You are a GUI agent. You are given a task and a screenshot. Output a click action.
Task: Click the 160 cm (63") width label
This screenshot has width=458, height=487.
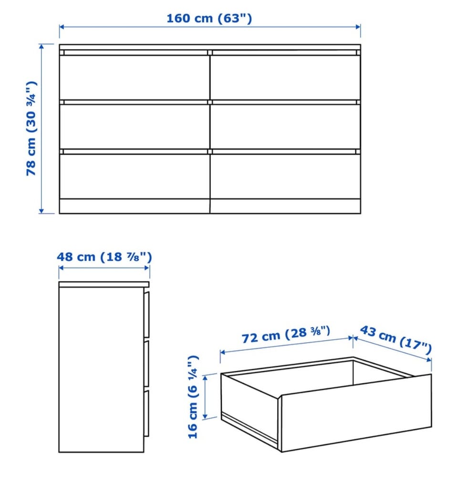[209, 18]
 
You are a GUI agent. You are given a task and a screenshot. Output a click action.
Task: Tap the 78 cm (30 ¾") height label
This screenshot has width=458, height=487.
[31, 129]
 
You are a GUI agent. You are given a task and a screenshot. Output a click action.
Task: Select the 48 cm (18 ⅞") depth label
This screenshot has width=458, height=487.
[104, 257]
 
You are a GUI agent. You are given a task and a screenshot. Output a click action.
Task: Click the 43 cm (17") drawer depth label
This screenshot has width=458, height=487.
[396, 339]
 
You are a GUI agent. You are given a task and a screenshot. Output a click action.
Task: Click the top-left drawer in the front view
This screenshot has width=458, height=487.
[135, 77]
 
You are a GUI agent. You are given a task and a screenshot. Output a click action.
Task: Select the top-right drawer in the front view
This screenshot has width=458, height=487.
[285, 77]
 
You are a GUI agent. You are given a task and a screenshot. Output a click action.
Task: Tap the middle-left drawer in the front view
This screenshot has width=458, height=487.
[135, 127]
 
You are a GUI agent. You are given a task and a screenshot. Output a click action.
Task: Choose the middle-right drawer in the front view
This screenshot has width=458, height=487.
[285, 127]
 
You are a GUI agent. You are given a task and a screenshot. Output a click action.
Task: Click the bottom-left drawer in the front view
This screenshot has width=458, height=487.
[135, 176]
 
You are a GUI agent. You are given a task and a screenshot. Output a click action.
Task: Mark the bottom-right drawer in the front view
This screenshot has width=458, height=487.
[285, 176]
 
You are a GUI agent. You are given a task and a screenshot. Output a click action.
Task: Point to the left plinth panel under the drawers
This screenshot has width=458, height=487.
[135, 206]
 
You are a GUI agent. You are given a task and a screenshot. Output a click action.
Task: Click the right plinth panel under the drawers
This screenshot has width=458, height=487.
[285, 206]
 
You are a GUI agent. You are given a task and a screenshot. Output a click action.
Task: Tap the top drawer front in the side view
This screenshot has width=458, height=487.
[146, 314]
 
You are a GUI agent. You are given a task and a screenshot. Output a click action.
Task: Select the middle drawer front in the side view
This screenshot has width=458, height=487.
[146, 364]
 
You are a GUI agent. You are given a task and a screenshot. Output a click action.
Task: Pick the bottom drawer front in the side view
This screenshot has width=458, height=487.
[146, 413]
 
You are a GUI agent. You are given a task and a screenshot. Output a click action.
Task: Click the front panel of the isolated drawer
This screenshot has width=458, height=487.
[356, 413]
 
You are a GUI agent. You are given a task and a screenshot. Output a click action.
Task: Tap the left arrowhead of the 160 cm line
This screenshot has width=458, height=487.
[62, 27]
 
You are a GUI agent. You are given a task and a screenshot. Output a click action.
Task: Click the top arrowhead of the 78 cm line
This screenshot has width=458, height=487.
[41, 46]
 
